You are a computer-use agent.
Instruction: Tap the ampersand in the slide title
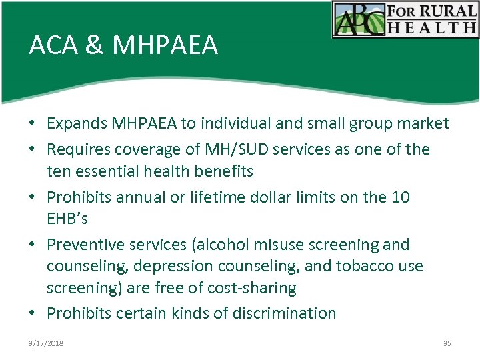click(95, 45)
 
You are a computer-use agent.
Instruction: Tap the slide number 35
click(447, 343)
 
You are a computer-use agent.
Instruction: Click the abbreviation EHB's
click(68, 219)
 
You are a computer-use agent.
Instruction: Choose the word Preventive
click(85, 245)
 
